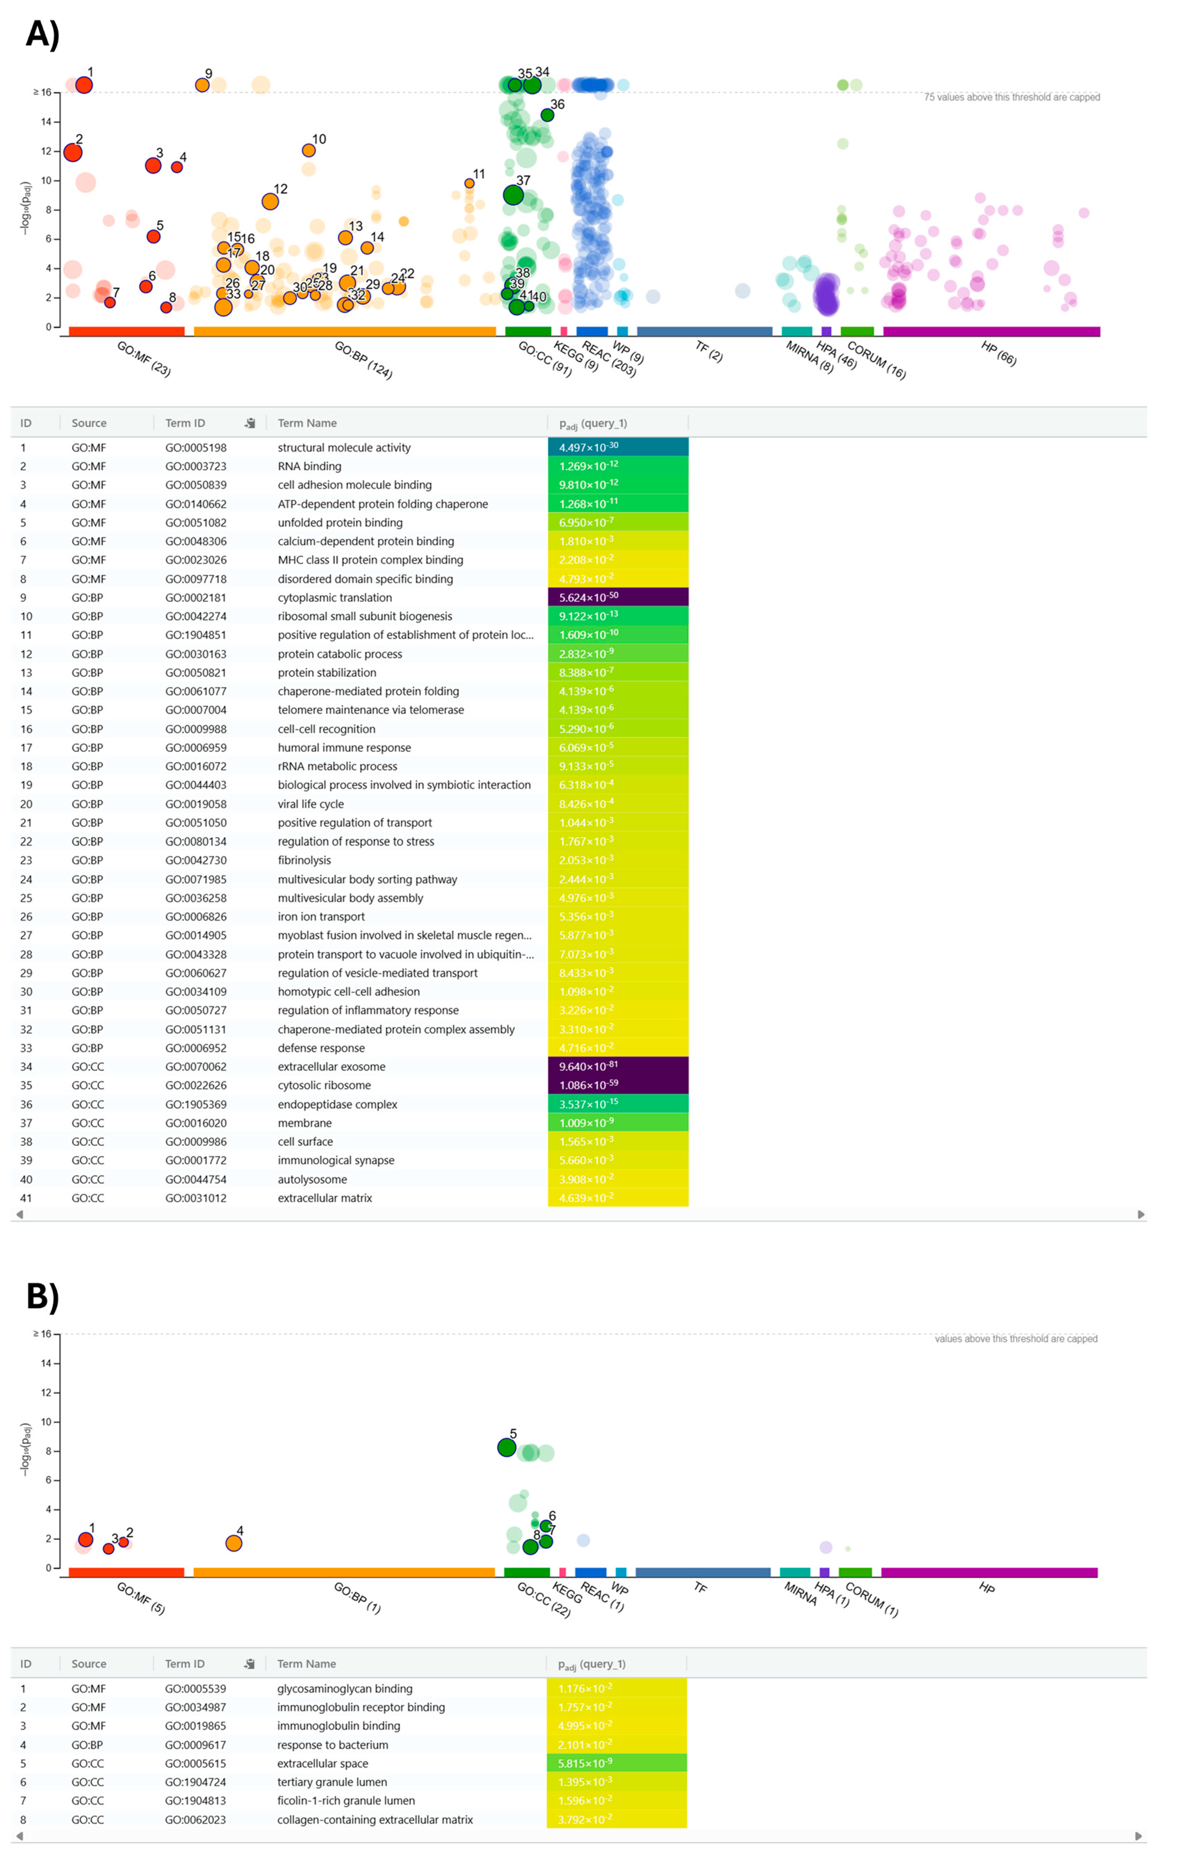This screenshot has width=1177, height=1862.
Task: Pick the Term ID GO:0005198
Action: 196,448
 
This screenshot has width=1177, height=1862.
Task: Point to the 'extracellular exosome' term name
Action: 331,1066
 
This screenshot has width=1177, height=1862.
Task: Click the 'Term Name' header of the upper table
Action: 307,423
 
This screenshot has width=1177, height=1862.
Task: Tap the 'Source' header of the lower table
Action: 89,1663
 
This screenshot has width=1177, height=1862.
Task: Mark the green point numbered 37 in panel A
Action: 513,195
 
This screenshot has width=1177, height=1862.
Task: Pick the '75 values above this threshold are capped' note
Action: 1011,98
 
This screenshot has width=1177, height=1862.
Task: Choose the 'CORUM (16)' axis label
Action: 876,360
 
